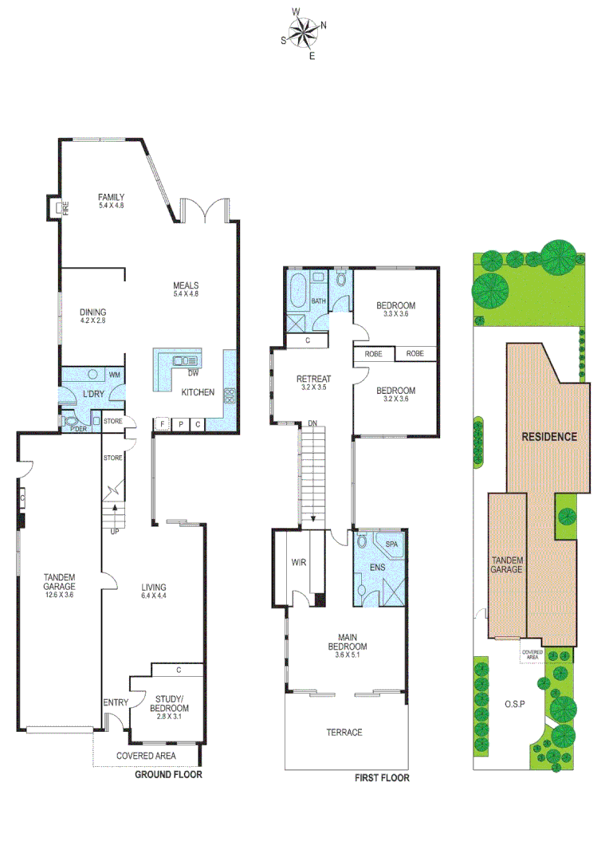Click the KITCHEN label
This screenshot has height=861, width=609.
198,392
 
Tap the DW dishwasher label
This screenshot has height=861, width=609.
192,372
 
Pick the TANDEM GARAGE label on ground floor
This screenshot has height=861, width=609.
59,585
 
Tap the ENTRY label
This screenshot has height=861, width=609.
116,702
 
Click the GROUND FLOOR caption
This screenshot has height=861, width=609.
168,774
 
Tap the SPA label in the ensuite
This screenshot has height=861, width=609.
391,544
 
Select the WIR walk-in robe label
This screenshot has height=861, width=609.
299,562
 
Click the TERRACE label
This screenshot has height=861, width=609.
344,732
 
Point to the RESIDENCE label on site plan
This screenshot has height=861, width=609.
548,437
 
